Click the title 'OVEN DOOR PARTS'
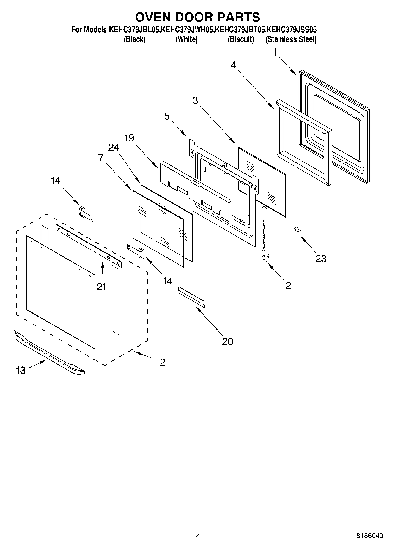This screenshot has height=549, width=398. [x=197, y=17]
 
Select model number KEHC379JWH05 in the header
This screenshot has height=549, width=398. [x=187, y=30]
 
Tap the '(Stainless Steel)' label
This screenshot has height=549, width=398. [x=291, y=39]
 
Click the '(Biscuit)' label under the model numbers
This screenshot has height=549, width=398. [x=241, y=39]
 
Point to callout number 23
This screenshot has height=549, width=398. [x=321, y=259]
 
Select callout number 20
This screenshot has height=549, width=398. [x=227, y=341]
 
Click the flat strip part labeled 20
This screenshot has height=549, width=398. [x=191, y=296]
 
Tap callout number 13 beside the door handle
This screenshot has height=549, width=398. [x=21, y=370]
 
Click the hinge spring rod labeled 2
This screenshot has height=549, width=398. [x=264, y=235]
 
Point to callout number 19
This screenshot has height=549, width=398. [x=129, y=138]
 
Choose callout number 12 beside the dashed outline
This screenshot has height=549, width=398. [x=160, y=362]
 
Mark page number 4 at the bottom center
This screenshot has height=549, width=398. [x=198, y=536]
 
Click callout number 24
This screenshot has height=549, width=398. [x=114, y=147]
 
